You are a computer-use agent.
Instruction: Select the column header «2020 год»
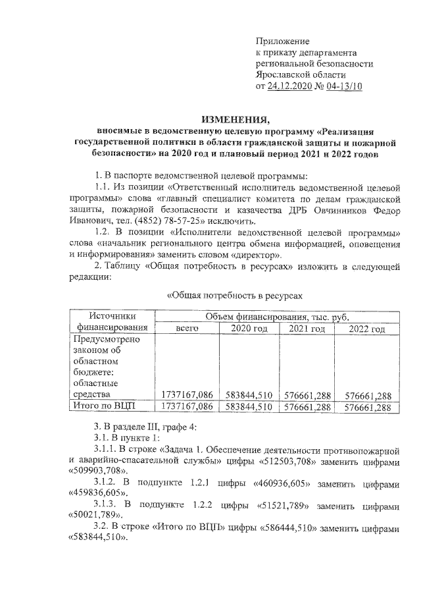(x=249, y=329)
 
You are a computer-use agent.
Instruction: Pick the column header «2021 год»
(x=307, y=329)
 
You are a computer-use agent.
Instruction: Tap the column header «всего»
(x=187, y=329)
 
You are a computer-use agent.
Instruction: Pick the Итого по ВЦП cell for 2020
(x=248, y=408)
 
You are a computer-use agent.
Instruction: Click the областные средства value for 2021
(x=307, y=395)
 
